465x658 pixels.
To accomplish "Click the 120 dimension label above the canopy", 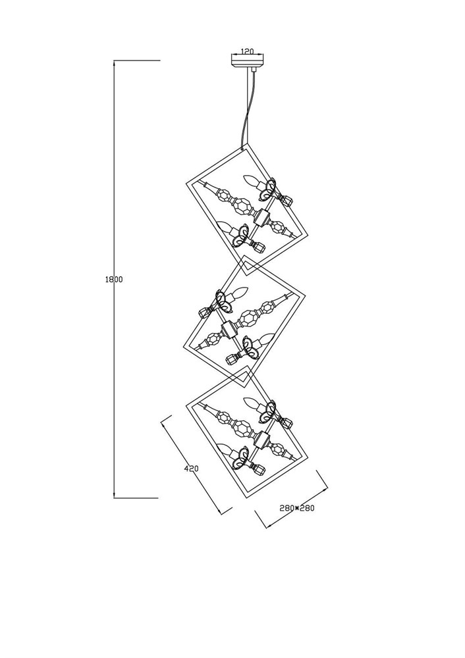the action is click(x=247, y=51).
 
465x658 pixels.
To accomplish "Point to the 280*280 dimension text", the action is click(x=297, y=508).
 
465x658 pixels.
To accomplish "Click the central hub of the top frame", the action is click(x=262, y=217).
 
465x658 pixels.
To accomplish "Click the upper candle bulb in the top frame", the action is click(x=253, y=182).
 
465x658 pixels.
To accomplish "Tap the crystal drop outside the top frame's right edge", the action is click(x=287, y=201).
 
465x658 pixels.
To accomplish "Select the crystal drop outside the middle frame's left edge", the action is click(x=205, y=313).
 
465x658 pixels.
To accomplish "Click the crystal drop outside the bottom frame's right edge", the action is click(x=287, y=423).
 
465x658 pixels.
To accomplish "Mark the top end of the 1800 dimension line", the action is click(x=114, y=61).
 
